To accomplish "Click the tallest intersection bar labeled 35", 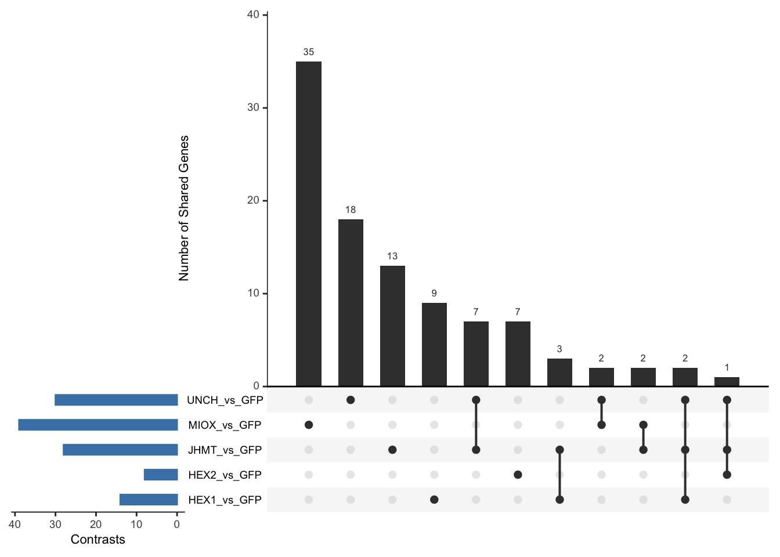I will coord(309,223).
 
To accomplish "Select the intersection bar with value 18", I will coord(351,302).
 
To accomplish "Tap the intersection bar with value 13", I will coord(392,325).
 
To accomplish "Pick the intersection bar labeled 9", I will coord(434,344).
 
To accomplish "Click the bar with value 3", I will coord(559,372).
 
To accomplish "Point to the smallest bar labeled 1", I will coord(727,381).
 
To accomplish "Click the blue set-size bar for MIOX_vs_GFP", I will coord(98,425).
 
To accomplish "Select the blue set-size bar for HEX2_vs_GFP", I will coord(161,475).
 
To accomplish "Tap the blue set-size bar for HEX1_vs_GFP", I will coord(149,500).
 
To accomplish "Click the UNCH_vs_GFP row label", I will coord(225,400).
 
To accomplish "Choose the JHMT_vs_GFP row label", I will coord(225,450).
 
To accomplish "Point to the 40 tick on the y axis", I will coord(253,15).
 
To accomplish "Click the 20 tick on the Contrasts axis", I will coord(96,525).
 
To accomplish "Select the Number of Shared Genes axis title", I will coord(184,208).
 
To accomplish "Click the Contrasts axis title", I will coord(98,540).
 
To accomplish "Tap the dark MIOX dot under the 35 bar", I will coord(309,425).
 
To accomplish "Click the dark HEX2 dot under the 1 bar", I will coord(727,475).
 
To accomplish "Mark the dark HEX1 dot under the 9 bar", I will coord(434,500).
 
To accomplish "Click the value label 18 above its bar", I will coord(351,210).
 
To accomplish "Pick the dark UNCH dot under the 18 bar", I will coord(351,400).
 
